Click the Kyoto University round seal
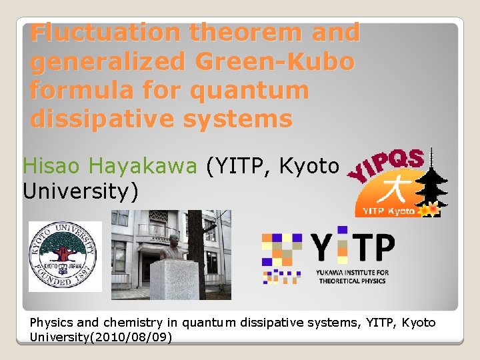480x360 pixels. click(65, 256)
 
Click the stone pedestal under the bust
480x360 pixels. click(175, 280)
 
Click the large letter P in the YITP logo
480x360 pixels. click(381, 248)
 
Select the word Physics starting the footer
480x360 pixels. click(49, 323)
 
